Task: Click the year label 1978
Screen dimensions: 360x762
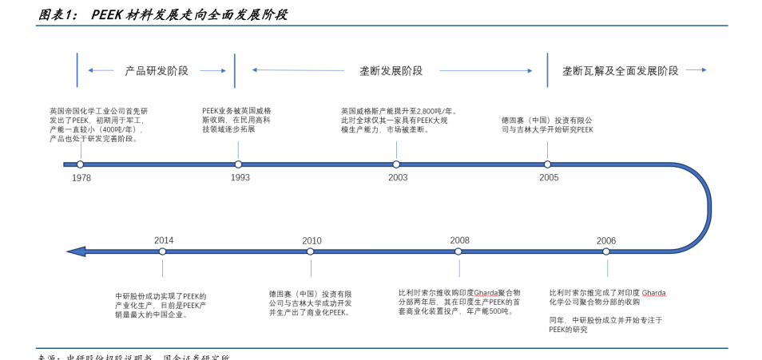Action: pos(81,178)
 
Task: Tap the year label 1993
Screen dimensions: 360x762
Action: pos(240,178)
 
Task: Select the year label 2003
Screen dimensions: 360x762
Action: pos(398,178)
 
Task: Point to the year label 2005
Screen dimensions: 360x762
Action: pos(549,178)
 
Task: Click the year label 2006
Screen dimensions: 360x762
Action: pos(606,240)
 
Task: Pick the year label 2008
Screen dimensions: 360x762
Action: pos(459,240)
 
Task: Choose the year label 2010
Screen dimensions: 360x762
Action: pos(312,240)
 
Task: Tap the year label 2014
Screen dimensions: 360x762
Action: pos(164,240)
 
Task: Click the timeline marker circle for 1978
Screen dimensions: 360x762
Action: pos(80,164)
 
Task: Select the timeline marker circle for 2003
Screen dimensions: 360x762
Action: pos(396,164)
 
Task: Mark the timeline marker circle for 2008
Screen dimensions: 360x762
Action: pos(458,251)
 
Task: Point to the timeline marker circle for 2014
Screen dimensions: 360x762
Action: pos(163,251)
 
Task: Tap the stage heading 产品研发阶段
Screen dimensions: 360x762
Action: pos(157,71)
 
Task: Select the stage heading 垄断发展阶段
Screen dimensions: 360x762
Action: pos(391,71)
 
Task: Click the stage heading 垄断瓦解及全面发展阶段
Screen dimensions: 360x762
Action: pos(620,71)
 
